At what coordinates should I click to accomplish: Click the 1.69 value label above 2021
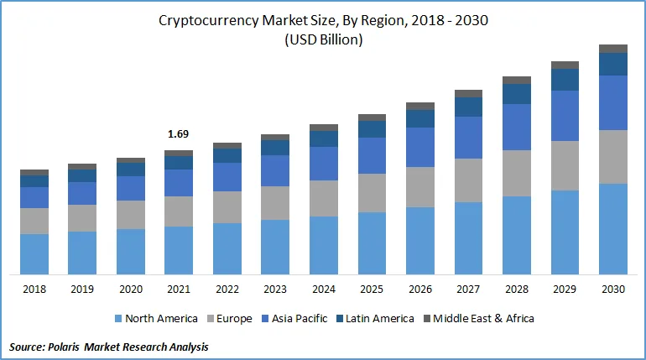click(178, 134)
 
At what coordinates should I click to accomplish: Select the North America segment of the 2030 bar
click(613, 229)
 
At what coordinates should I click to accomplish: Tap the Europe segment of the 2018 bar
click(34, 222)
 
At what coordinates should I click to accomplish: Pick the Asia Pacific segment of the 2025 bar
click(372, 156)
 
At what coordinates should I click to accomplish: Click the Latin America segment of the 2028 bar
click(517, 94)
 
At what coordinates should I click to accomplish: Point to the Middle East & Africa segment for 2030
click(613, 49)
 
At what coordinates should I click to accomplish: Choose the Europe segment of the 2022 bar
click(227, 207)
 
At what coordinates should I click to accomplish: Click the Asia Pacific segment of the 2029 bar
click(565, 116)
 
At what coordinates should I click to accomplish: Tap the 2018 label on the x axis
click(34, 290)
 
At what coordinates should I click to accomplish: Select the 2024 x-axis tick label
click(324, 290)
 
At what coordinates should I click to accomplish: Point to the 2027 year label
click(468, 290)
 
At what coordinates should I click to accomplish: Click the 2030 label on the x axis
click(613, 290)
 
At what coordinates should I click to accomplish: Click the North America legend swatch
click(118, 318)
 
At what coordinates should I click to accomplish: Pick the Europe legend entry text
click(234, 319)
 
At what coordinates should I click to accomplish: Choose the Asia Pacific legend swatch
click(265, 318)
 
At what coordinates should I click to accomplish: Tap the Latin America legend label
click(379, 318)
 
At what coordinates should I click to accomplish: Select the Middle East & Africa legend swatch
click(427, 318)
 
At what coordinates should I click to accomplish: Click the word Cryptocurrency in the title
click(209, 21)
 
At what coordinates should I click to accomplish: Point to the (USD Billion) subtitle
click(323, 39)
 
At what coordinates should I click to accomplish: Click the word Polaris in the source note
click(64, 347)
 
